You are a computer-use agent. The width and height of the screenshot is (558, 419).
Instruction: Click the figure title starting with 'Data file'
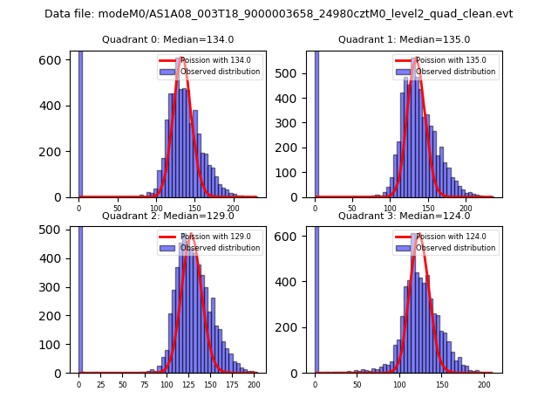278,14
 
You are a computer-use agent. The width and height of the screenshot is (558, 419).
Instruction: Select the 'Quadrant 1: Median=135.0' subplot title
404,39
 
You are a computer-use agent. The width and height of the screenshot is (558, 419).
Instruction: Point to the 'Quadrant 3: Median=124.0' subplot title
404,216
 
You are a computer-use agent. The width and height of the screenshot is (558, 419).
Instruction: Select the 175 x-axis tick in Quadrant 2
232,384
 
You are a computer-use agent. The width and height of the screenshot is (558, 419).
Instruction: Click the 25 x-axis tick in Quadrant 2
100,384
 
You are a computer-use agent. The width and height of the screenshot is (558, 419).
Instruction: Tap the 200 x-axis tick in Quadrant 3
484,384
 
